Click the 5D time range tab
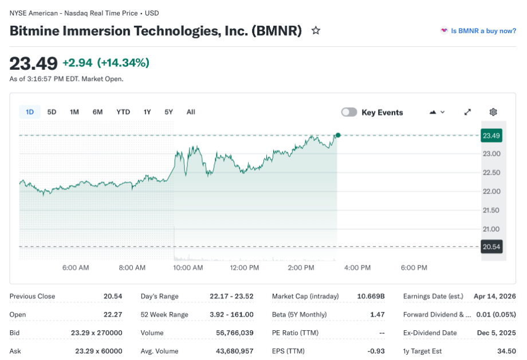click(x=52, y=112)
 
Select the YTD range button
click(x=123, y=112)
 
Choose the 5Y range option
click(x=168, y=112)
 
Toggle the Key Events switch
click(x=349, y=112)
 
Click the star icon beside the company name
click(x=316, y=30)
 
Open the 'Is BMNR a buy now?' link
click(x=483, y=31)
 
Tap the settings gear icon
click(x=493, y=112)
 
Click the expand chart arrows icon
click(x=467, y=112)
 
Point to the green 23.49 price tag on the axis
click(x=491, y=136)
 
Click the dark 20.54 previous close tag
click(x=491, y=247)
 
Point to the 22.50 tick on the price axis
click(x=491, y=172)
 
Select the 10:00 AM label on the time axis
click(x=188, y=267)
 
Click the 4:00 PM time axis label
click(x=357, y=267)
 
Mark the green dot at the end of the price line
click(x=338, y=135)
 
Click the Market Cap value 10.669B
click(x=371, y=296)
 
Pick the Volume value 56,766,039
click(x=231, y=333)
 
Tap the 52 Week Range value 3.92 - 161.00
click(x=231, y=314)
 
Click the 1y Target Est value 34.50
click(x=506, y=351)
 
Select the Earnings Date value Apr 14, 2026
click(x=494, y=296)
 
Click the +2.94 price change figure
click(x=77, y=62)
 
